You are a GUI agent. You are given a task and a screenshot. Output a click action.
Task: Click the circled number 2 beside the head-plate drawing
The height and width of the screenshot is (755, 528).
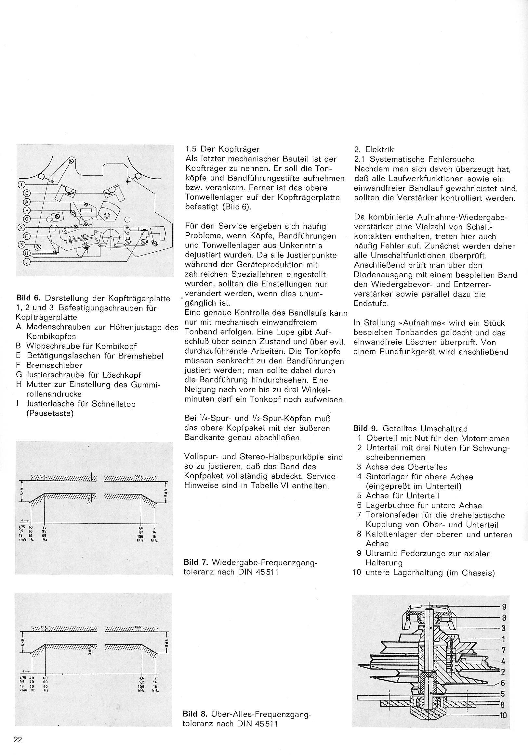[21, 227]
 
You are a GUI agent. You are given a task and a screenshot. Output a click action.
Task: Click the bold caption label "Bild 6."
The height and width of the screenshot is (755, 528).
[29, 298]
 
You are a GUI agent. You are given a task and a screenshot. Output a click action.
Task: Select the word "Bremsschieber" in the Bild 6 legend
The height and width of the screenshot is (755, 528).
[55, 365]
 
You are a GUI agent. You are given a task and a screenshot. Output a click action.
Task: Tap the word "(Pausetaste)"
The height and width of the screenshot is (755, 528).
[50, 414]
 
